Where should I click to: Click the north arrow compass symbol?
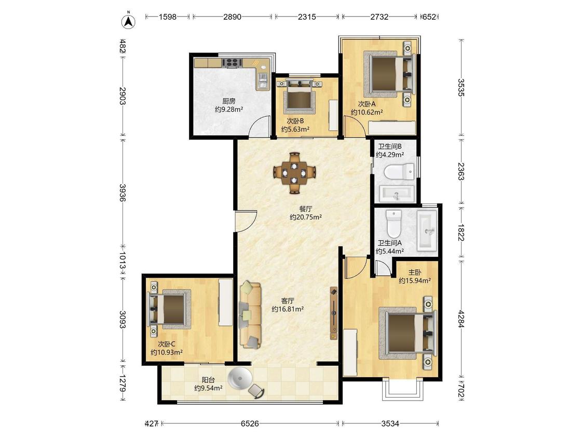click(x=129, y=21)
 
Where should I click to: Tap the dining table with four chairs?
click(x=295, y=173)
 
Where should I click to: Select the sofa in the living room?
click(x=250, y=315)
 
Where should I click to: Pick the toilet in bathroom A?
click(x=393, y=223)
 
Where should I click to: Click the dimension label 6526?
click(x=250, y=423)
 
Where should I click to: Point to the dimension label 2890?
click(x=233, y=17)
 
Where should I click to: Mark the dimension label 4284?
click(x=461, y=319)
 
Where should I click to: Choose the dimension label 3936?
click(x=122, y=193)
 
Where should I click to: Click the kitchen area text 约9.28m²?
click(x=229, y=109)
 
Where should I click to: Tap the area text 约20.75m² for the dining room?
click(x=306, y=217)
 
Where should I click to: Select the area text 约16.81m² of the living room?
click(x=288, y=309)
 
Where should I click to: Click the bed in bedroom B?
click(x=298, y=95)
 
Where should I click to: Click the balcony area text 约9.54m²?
click(x=208, y=388)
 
